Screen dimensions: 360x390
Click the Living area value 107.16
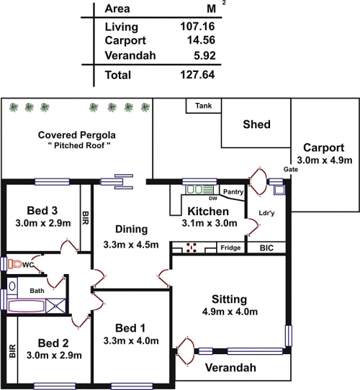point(197,27)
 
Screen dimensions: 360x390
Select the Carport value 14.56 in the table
point(201,40)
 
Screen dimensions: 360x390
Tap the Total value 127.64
point(197,75)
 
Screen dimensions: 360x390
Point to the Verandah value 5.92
point(204,55)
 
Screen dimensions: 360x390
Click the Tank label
point(204,106)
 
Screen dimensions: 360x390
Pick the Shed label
point(257,124)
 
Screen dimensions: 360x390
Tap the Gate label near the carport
point(291,169)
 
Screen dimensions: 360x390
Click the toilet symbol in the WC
point(14,264)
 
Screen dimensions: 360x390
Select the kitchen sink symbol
point(199,189)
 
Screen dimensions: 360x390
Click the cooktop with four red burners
point(192,248)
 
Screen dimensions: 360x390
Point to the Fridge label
point(230,248)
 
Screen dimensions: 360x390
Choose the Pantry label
point(233,192)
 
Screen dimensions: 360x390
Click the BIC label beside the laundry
point(266,248)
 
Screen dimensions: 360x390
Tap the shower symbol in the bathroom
point(55,306)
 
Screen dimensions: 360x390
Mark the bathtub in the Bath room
point(26,307)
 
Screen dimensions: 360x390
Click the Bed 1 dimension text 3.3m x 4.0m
point(131,341)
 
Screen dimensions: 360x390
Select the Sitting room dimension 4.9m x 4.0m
point(230,312)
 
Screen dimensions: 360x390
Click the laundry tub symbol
point(279,190)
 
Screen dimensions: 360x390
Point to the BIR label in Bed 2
point(12,351)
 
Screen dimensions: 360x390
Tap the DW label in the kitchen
point(213,198)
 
